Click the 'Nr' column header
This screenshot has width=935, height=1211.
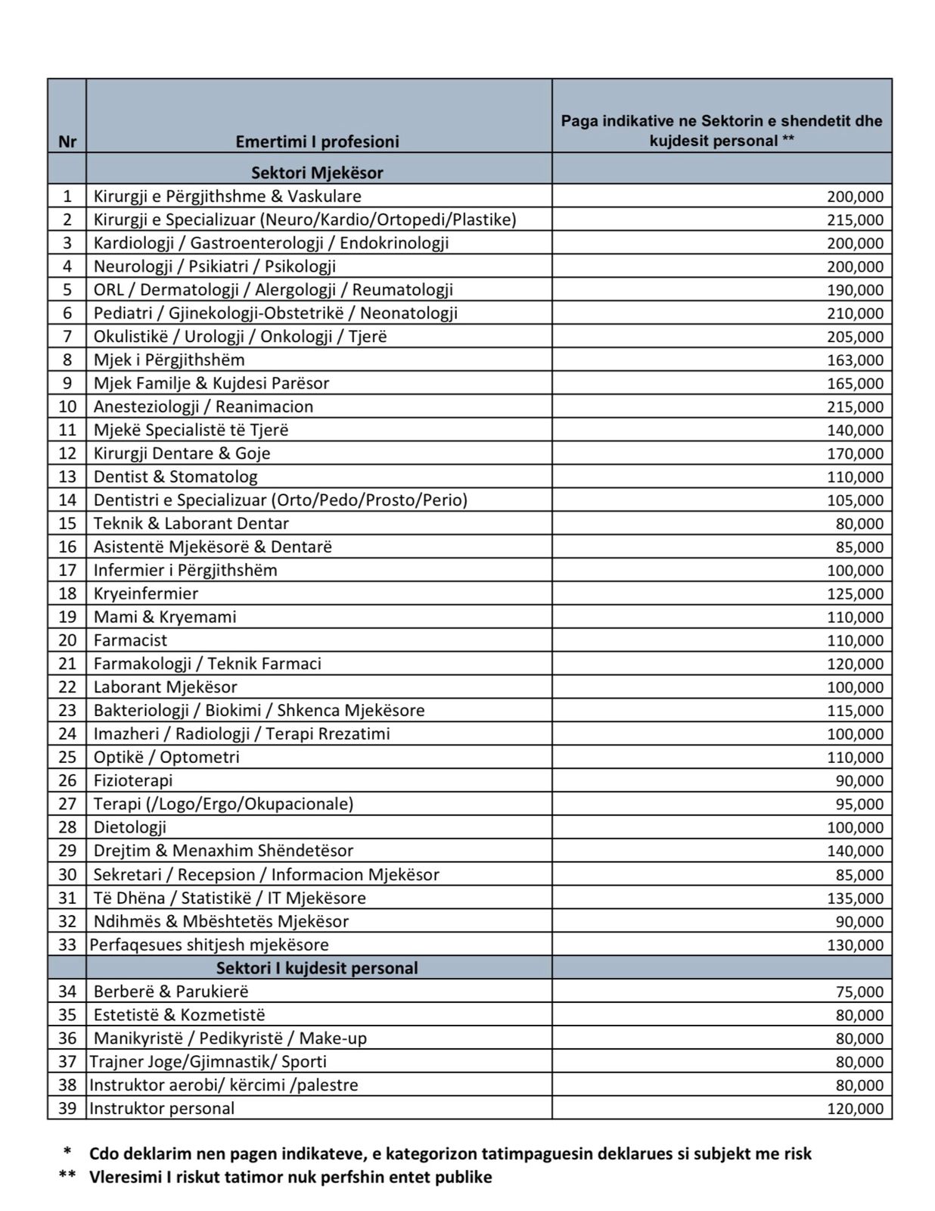(67, 142)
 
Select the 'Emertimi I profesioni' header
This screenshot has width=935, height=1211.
(317, 142)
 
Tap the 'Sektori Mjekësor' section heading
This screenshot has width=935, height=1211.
(317, 173)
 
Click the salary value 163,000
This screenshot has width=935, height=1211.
(855, 360)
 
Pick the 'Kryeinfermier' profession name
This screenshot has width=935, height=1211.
(146, 593)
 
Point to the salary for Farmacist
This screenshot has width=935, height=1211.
(855, 640)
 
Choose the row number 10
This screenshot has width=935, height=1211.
(67, 406)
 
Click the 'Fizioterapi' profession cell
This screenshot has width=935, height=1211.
(133, 780)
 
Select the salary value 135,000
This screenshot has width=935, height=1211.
(855, 898)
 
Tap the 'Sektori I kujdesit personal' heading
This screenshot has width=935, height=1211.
(317, 968)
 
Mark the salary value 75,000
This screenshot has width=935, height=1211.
(859, 992)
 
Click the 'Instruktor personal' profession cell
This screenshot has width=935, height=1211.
(162, 1108)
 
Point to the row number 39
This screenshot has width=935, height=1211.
(67, 1108)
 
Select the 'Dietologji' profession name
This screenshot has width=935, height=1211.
(130, 827)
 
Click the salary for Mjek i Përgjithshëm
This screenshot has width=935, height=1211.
(855, 360)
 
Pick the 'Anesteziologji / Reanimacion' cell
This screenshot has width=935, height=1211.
(203, 406)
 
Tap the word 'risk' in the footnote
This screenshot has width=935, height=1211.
(794, 1153)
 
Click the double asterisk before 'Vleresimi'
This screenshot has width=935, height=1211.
(67, 1178)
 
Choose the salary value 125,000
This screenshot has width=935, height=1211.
(855, 593)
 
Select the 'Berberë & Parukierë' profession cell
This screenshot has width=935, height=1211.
(171, 992)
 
